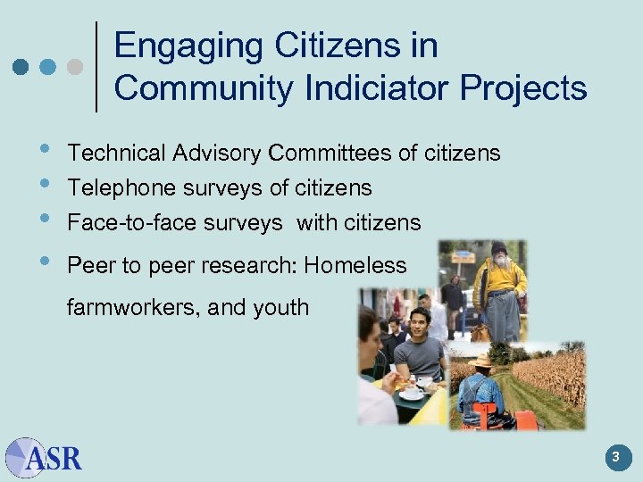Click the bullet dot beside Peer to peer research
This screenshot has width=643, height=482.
coord(46,262)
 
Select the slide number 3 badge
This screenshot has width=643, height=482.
coord(615,458)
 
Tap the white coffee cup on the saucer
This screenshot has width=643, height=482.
coord(413,391)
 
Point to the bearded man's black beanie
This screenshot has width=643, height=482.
coord(498,247)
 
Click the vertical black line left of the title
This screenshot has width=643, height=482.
coord(96,66)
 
